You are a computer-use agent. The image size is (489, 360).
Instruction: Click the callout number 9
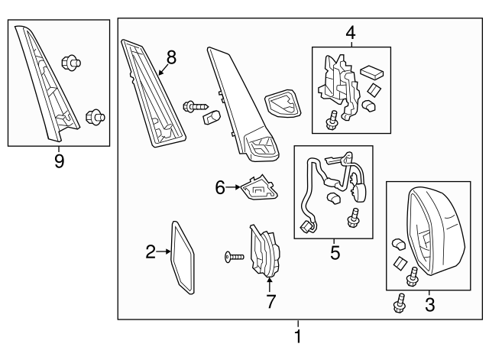click(x=60, y=161)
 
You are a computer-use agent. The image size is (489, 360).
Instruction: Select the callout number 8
click(x=171, y=57)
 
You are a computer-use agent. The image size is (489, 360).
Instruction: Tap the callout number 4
click(x=351, y=33)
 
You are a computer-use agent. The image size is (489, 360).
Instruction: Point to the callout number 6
click(x=220, y=187)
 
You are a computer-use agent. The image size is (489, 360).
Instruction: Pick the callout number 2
click(x=151, y=251)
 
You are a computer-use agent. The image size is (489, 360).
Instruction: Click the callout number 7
click(x=270, y=301)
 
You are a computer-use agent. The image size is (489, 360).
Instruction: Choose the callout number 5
click(x=335, y=252)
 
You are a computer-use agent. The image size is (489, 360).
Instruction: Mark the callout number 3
click(x=429, y=305)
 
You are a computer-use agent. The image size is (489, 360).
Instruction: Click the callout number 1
click(x=298, y=336)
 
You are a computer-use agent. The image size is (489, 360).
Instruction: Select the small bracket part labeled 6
click(x=259, y=188)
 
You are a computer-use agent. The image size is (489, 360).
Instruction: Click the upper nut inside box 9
click(x=71, y=63)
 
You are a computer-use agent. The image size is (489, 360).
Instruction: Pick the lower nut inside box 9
click(x=95, y=117)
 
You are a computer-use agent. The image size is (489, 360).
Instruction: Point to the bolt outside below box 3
click(x=400, y=303)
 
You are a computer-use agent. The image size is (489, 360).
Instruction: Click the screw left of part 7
click(x=235, y=258)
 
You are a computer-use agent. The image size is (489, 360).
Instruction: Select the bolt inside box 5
click(x=353, y=217)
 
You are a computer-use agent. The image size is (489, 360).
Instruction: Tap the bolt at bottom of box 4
click(x=332, y=120)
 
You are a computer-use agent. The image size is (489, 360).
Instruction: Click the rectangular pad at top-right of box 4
click(x=372, y=72)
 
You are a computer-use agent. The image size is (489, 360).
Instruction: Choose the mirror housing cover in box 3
click(x=436, y=231)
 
